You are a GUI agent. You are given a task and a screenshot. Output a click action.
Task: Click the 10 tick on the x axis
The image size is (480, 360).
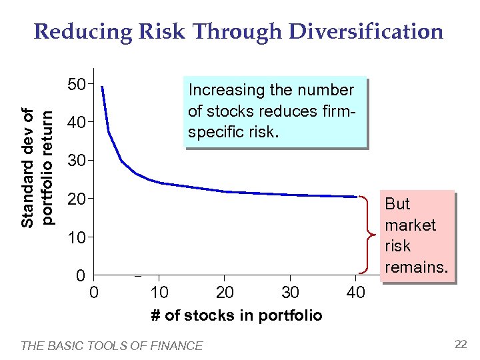click(x=159, y=293)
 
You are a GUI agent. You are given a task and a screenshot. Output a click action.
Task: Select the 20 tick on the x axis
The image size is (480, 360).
click(x=225, y=293)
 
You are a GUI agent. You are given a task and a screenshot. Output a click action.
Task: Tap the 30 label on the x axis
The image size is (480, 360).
click(x=290, y=293)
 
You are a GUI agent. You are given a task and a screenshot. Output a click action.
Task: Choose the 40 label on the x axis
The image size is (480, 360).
click(x=356, y=293)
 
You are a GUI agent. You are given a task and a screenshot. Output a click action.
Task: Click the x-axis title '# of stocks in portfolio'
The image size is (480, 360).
click(x=236, y=315)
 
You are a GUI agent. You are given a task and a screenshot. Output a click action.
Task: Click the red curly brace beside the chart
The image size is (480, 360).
click(x=364, y=235)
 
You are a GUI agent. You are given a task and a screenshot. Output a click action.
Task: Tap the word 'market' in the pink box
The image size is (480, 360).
click(x=410, y=225)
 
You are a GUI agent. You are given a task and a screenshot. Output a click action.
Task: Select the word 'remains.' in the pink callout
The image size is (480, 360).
click(x=417, y=267)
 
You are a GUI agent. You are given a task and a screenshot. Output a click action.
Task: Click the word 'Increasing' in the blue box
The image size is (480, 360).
click(x=224, y=90)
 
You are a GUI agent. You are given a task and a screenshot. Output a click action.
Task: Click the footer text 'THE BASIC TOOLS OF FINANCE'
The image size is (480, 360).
click(x=112, y=345)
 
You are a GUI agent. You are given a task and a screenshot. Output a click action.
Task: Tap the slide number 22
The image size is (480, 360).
click(x=461, y=344)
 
